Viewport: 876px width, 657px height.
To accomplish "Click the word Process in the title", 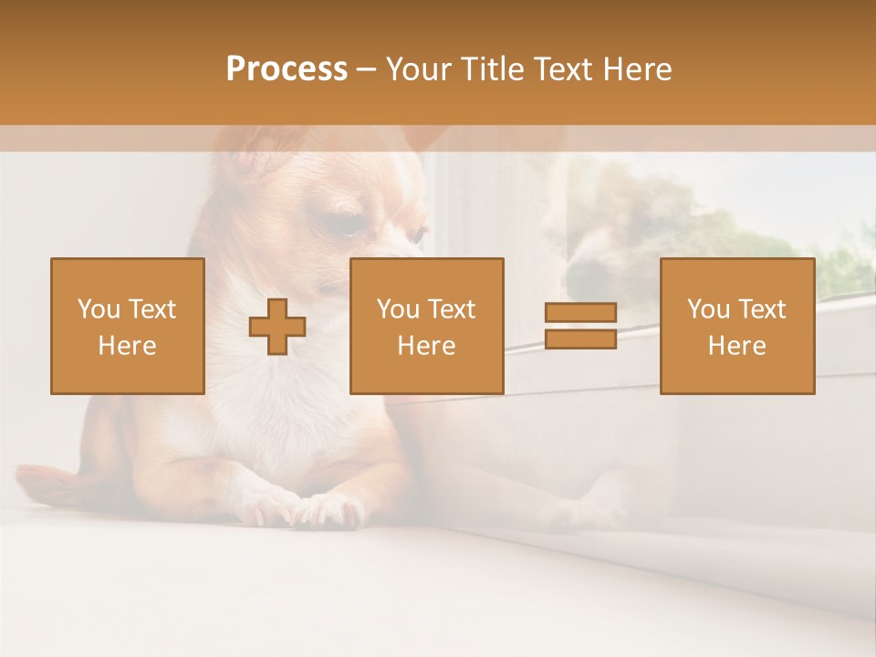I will pos(287,69).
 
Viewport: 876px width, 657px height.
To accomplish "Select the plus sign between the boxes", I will pos(277,327).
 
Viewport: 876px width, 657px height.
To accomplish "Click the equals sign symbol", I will pos(580,327).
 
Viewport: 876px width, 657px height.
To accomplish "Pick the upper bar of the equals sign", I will pos(580,313).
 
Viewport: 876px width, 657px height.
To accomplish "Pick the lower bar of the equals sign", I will pos(580,339).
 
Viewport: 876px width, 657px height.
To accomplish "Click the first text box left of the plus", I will pos(128,326).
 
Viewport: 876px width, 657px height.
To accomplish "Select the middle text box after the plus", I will pos(426,326).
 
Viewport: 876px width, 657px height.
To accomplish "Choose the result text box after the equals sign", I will pos(736,326).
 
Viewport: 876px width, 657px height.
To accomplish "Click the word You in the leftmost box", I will pos(98,309).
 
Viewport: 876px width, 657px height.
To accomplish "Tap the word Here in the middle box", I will pos(426,346).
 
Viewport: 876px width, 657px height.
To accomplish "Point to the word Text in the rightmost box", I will pos(763,309).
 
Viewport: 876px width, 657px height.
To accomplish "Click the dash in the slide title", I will pos(366,69).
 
